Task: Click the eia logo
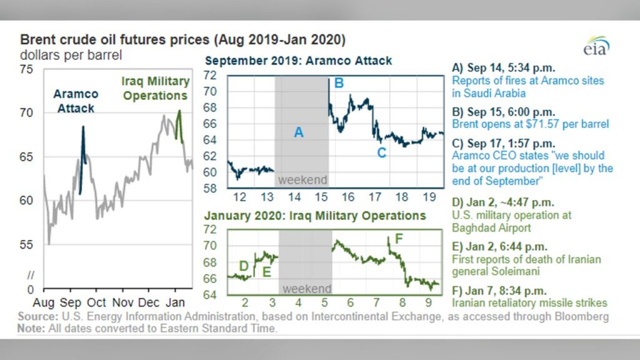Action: coord(596,46)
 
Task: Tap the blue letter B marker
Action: coord(339,83)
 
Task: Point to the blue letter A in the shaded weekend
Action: coord(299,132)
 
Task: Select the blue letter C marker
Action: coord(381,153)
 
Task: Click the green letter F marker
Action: coord(399,239)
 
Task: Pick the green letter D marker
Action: coord(244,266)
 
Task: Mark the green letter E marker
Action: coord(266,272)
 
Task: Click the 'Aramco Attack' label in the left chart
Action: coord(76,101)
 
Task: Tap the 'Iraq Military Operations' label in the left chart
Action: coord(156,88)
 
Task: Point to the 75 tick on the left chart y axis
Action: coord(26,69)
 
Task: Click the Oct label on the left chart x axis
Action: coord(96,302)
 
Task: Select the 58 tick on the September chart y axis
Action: coord(210,189)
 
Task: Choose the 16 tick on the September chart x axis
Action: coord(347,197)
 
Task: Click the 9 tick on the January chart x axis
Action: coord(428,302)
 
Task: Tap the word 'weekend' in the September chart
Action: coord(302,180)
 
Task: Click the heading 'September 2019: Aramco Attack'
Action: coord(298,61)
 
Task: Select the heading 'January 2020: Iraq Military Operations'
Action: coord(315,216)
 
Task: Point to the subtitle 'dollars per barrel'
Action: coord(71,55)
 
